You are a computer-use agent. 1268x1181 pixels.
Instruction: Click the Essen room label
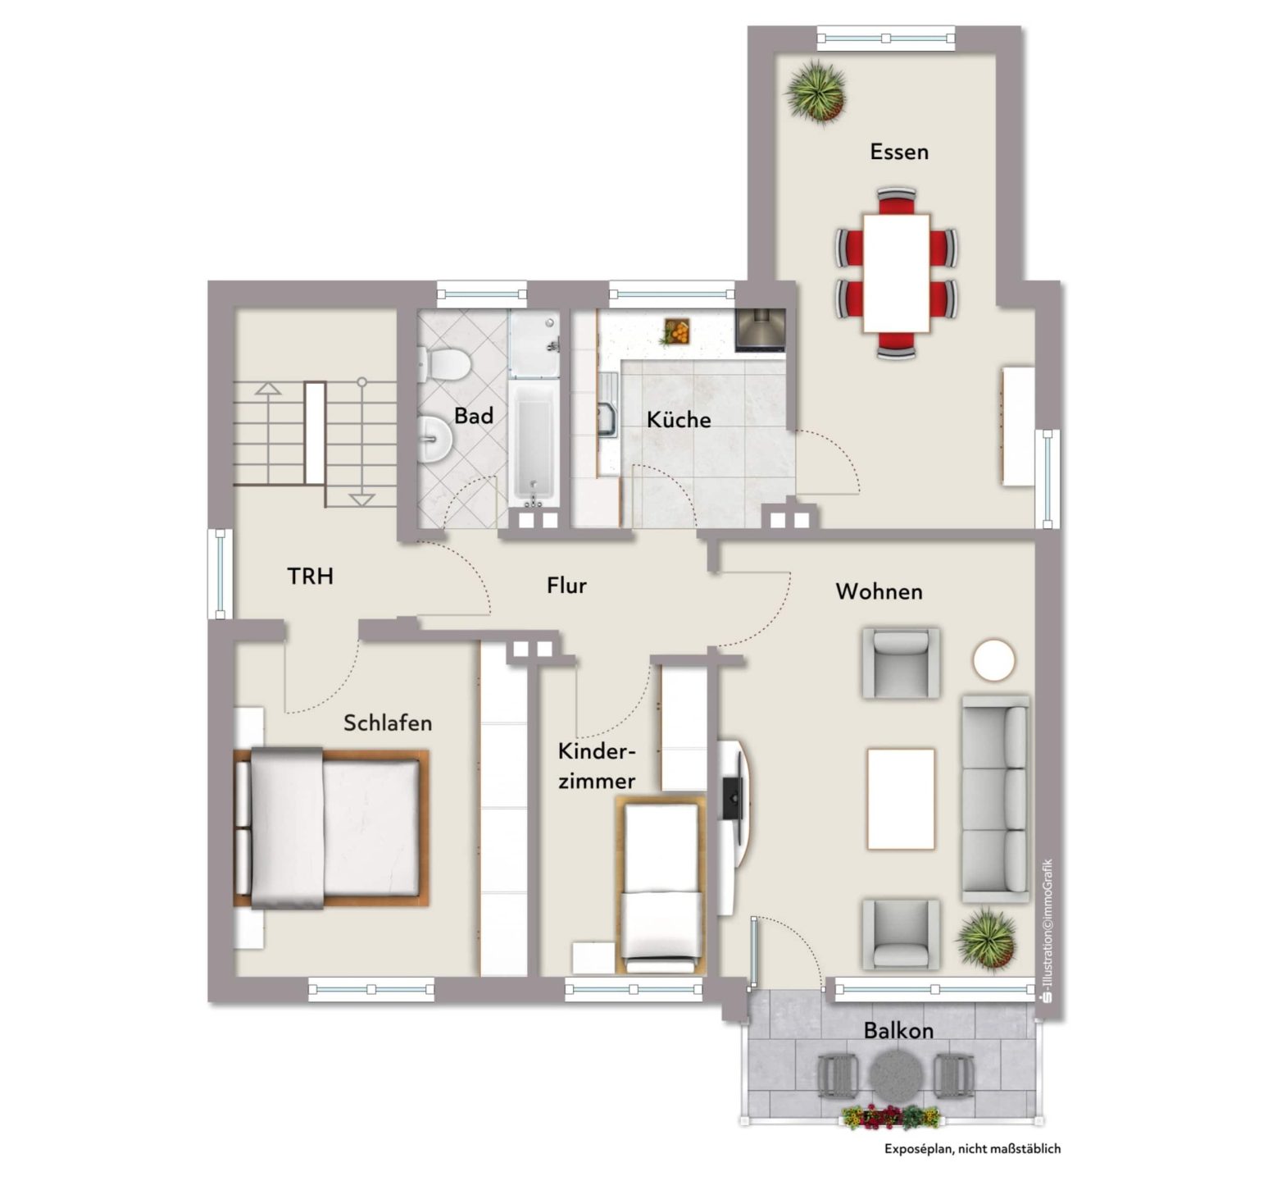point(899,152)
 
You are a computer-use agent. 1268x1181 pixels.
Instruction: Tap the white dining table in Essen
point(896,272)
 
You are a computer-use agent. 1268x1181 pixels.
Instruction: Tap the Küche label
point(679,420)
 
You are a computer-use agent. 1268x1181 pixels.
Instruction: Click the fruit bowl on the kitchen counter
point(677,331)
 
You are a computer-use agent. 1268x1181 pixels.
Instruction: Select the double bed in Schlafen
point(331,828)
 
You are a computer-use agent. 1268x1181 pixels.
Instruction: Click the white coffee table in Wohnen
point(901,799)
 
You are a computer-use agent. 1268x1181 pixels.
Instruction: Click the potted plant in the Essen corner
point(816,91)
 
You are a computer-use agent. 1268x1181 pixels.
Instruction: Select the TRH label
point(311,577)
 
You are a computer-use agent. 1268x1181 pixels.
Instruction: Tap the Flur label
point(567,586)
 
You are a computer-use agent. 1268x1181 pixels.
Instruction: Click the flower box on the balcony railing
point(890,1117)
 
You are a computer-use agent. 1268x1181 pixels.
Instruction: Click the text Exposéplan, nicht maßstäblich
point(972,1149)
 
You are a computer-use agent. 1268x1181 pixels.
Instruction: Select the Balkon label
point(898,1031)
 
